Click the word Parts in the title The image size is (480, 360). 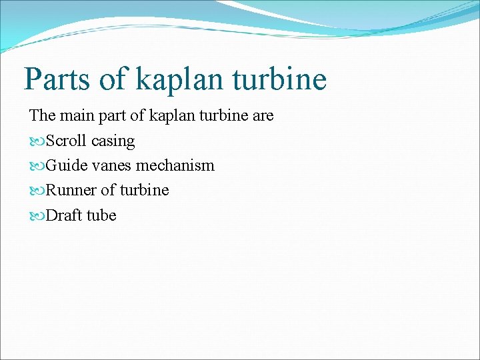click(x=57, y=79)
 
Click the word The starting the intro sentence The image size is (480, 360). click(x=43, y=116)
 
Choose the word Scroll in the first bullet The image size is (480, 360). click(x=67, y=141)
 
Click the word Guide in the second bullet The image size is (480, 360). click(x=65, y=166)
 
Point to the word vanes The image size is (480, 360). click(x=111, y=166)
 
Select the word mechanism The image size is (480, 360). click(x=175, y=166)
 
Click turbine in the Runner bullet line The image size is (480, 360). click(x=143, y=191)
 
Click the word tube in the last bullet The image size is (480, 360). click(x=101, y=215)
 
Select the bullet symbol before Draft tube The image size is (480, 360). click(x=36, y=216)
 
